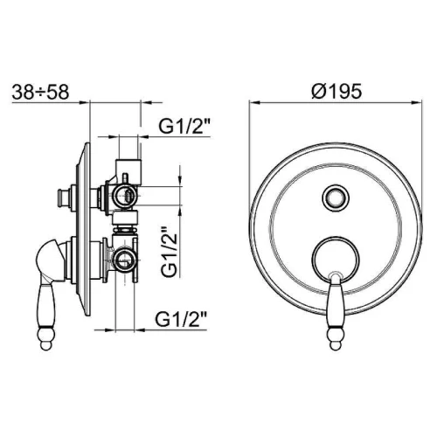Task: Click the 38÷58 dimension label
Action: coord(40,92)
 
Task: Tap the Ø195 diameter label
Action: coord(336,91)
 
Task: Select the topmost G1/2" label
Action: coord(184,126)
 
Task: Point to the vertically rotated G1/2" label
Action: coord(170,251)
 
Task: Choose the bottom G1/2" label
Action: coord(181,320)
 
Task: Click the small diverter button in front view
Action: coord(336,198)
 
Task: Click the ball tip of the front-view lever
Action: coord(336,342)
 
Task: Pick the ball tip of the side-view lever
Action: coord(45,342)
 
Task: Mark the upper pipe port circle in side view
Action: coord(124,195)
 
